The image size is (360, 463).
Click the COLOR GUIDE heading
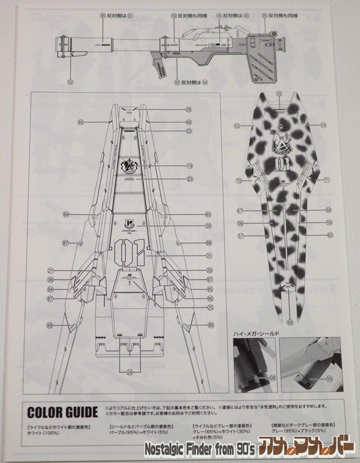click(62, 412)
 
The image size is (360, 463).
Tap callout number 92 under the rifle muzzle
click(70, 82)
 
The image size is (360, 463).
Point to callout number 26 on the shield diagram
click(188, 109)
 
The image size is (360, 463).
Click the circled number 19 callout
click(189, 165)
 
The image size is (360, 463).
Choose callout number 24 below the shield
click(130, 373)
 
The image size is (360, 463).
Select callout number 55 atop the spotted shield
click(279, 94)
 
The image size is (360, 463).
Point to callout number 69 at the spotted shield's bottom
click(290, 322)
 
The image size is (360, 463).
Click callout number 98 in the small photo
click(272, 378)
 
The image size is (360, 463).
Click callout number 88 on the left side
click(49, 325)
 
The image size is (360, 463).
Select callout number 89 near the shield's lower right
click(210, 325)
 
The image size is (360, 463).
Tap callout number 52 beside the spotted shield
click(237, 126)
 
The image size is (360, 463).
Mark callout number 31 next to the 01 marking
click(196, 256)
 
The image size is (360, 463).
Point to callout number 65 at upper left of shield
click(81, 122)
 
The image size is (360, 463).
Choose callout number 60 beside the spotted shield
click(330, 235)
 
